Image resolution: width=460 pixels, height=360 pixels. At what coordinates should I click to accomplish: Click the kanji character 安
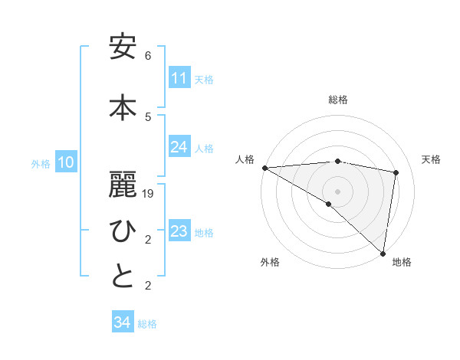(x=123, y=48)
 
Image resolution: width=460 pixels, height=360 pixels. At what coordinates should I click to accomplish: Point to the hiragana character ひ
(x=123, y=231)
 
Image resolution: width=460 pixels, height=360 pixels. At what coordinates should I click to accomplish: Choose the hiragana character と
(x=123, y=277)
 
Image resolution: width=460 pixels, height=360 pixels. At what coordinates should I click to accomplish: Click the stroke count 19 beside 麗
(x=149, y=194)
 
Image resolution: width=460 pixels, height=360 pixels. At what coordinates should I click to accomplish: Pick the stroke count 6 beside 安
(x=148, y=56)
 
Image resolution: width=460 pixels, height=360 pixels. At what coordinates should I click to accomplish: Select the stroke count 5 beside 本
(x=148, y=116)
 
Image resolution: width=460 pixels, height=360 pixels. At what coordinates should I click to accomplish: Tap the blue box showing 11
(x=179, y=78)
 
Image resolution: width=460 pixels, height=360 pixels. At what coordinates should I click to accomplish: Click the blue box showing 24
(x=179, y=147)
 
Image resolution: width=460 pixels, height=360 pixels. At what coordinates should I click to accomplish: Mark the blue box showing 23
(x=179, y=231)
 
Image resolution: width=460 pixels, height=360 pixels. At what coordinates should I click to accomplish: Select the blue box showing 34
(x=123, y=322)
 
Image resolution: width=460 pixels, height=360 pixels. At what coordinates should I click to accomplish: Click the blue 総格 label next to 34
(x=147, y=324)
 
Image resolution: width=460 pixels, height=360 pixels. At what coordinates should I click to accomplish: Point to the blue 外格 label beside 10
(x=41, y=163)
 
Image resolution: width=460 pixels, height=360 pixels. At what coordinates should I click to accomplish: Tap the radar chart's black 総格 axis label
(x=337, y=100)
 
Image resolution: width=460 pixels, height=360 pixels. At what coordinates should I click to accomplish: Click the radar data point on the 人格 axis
(x=264, y=168)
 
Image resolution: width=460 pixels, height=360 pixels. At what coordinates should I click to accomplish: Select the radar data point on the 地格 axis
(x=383, y=253)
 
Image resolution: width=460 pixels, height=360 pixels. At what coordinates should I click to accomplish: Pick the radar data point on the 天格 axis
(x=396, y=172)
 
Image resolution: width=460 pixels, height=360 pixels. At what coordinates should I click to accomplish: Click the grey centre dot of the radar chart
(x=337, y=190)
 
